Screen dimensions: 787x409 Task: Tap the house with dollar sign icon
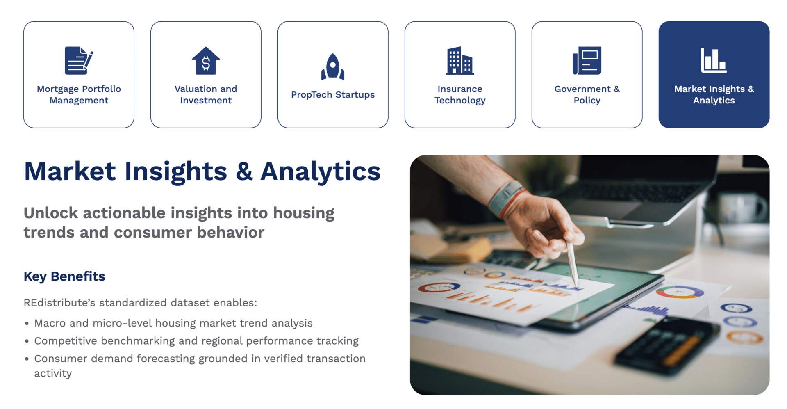coord(206,61)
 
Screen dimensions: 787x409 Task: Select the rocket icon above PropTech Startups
coord(333,66)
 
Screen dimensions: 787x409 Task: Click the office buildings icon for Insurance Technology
coord(460,61)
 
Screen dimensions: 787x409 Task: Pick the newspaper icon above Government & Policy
coord(587,61)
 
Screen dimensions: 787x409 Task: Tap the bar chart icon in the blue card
coord(714,61)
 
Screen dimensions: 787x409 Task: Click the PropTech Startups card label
coord(333,95)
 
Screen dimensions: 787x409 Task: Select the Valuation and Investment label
coord(206,95)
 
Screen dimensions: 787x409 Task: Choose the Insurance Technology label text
coord(460,95)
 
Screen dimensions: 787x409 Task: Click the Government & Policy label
coord(587,95)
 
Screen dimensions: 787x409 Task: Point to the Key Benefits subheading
coord(64,276)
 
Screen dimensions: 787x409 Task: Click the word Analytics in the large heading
coord(321,171)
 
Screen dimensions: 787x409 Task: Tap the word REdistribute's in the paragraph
coord(59,303)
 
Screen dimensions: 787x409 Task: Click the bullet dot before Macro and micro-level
coord(27,324)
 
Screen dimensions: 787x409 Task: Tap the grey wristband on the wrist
coord(506,199)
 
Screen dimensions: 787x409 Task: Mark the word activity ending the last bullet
coord(53,374)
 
